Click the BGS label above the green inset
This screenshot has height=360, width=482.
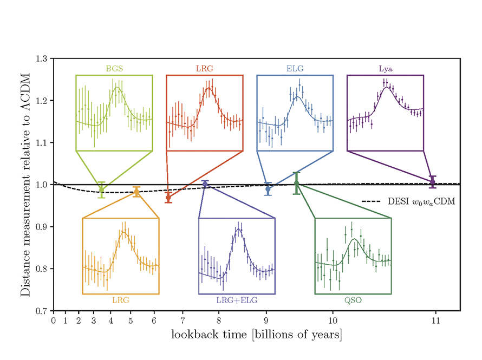(x=114, y=69)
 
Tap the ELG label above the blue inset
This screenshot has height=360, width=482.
(x=295, y=69)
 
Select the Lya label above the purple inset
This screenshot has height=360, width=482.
(x=385, y=69)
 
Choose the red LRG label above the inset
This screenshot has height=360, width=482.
(x=204, y=69)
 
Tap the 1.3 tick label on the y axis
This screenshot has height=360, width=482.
(x=42, y=58)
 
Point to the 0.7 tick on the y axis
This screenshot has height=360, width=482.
(x=42, y=311)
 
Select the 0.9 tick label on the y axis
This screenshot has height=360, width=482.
(x=42, y=227)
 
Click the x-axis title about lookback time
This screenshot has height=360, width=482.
(x=256, y=335)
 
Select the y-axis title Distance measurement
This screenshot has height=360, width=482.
(x=25, y=184)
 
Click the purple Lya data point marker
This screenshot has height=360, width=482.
(x=432, y=182)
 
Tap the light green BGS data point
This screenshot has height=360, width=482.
(x=101, y=189)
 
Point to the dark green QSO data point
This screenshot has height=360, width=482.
(x=296, y=183)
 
